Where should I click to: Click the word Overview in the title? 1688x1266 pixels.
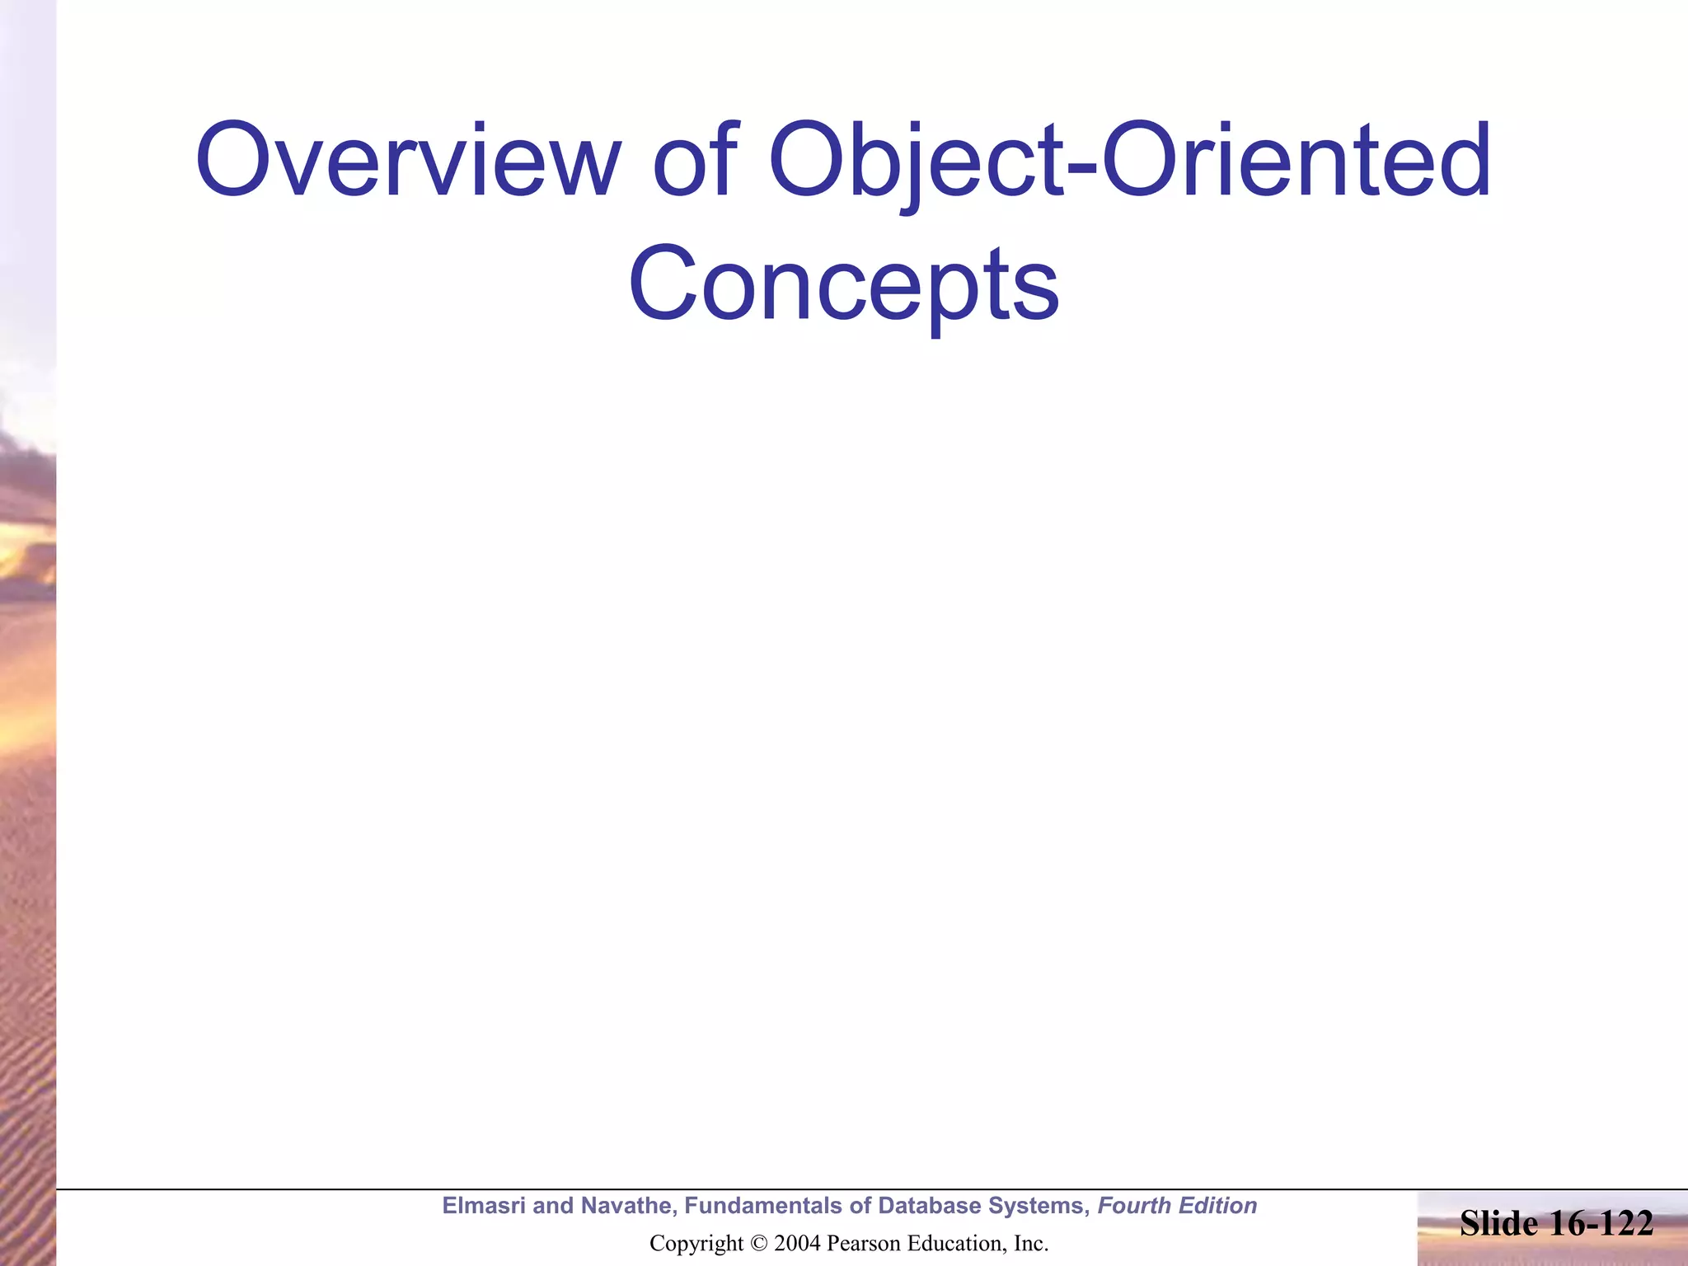408,161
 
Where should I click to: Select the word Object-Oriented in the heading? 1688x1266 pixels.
1129,161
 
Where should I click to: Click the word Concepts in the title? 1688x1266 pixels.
843,284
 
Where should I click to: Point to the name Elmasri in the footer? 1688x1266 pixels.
483,1206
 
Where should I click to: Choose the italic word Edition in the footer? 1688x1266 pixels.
1218,1206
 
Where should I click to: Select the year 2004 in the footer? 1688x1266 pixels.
797,1244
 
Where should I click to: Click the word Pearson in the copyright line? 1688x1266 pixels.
860,1244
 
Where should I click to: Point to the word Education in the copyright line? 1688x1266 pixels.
951,1244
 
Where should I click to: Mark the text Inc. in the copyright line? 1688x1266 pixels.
1031,1244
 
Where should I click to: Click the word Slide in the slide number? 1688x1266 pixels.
1498,1224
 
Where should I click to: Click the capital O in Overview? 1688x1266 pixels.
232,161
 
